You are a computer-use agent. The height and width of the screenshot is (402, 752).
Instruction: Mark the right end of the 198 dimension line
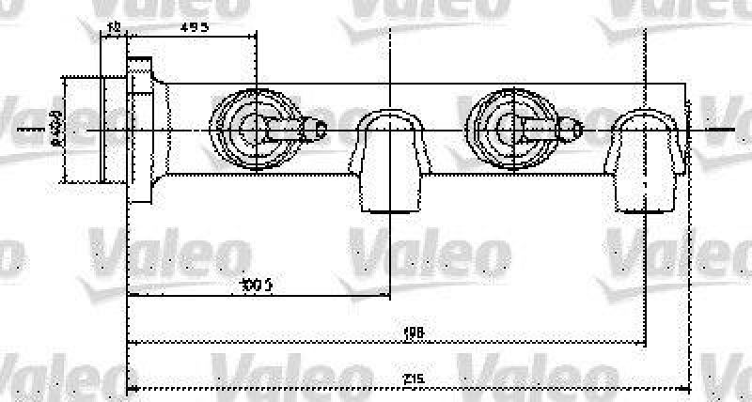point(647,341)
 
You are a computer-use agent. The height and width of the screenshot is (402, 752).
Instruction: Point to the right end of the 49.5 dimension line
point(256,36)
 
